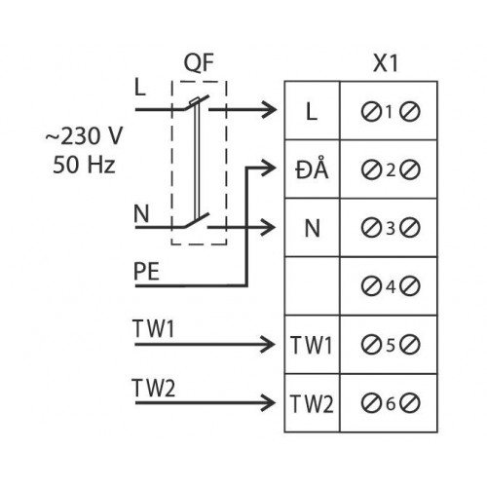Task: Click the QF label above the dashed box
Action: point(199,63)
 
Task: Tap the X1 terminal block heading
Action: point(386,62)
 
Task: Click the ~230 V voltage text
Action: point(84,135)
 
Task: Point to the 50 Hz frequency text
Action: point(84,165)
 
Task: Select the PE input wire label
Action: point(146,272)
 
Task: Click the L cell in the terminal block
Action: point(312,112)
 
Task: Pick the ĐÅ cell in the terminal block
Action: point(312,169)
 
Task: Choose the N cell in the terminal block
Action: point(313,228)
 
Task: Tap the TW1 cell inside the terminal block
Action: point(312,345)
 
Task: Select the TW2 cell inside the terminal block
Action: point(312,404)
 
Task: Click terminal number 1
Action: point(390,112)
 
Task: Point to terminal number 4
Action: point(391,286)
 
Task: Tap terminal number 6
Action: point(391,403)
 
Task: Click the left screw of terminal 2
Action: point(371,169)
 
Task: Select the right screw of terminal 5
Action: point(410,345)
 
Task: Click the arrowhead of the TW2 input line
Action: point(269,403)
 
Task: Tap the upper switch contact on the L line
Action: point(196,102)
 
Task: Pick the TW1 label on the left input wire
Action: point(153,328)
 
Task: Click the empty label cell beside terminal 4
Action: point(312,286)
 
